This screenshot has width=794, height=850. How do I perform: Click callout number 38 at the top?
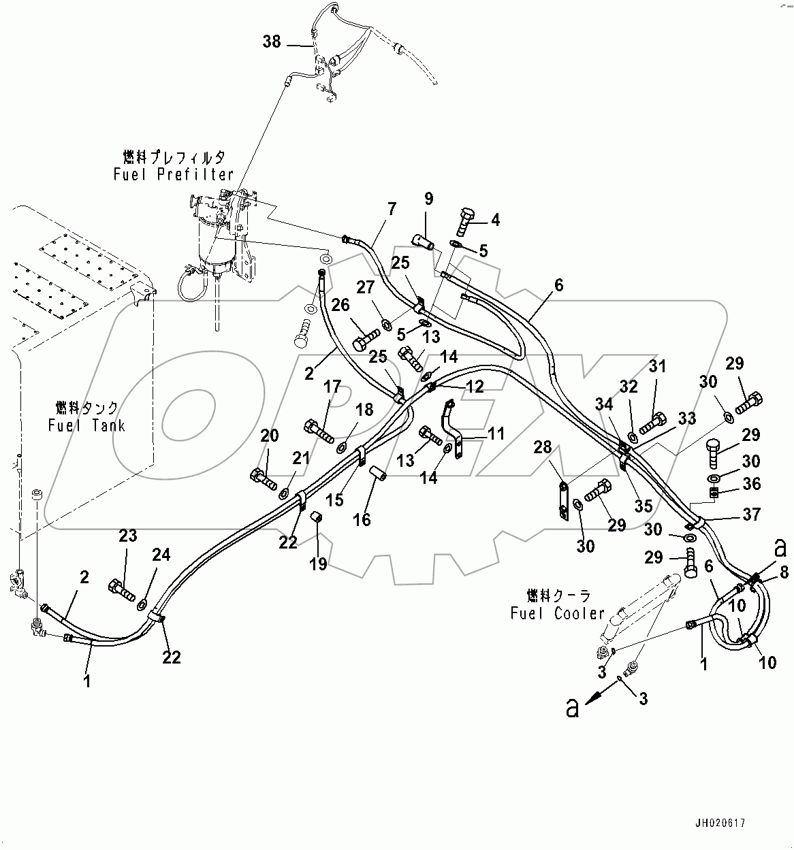[271, 42]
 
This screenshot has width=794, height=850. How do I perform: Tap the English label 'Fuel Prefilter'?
[174, 175]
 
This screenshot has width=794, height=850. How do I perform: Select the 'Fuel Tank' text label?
[86, 425]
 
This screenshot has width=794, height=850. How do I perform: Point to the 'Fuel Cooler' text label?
[558, 613]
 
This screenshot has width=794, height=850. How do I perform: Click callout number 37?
[751, 514]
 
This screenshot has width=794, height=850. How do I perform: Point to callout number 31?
[656, 367]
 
